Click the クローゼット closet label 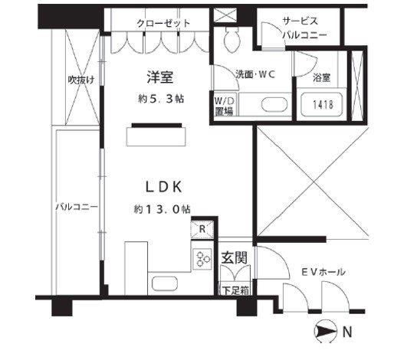(x=163, y=23)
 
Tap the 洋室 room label (x=160, y=77)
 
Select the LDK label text (x=164, y=187)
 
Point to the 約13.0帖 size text (x=162, y=209)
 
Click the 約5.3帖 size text (x=161, y=99)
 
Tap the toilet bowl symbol (x=231, y=38)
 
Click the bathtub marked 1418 (x=321, y=104)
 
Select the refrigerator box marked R (x=202, y=228)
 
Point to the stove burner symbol (x=203, y=258)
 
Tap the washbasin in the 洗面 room (x=274, y=104)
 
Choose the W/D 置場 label (x=224, y=106)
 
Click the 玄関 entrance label (x=234, y=257)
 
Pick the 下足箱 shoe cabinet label (x=235, y=290)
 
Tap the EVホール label (x=323, y=272)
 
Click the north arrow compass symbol (x=325, y=332)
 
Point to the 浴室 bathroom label (x=322, y=78)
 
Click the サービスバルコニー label (x=304, y=28)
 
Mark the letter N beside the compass (x=347, y=332)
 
